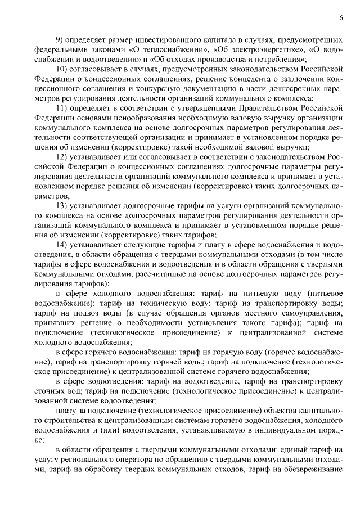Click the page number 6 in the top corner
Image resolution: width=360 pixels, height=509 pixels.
(341, 18)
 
